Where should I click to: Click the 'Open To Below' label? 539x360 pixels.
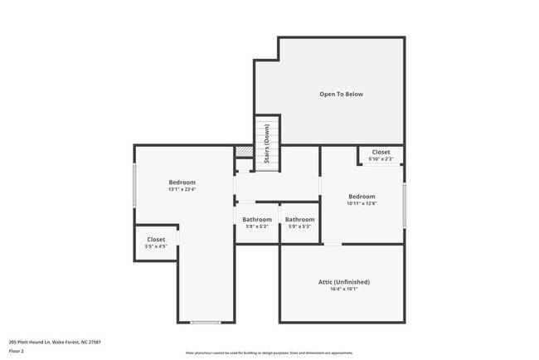(x=341, y=95)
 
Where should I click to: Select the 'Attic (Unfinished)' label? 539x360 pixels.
(x=343, y=282)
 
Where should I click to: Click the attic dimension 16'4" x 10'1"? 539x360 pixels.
(x=343, y=289)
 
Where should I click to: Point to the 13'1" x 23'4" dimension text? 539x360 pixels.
(x=182, y=190)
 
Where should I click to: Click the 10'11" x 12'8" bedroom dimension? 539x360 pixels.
(x=362, y=203)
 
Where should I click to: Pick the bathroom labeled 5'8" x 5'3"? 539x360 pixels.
(x=257, y=222)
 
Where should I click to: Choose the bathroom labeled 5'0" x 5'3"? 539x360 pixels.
(x=299, y=222)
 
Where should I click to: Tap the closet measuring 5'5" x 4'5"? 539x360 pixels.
(x=156, y=243)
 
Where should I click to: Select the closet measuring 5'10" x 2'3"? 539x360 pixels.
(x=381, y=155)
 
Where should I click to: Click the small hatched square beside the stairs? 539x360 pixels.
(x=243, y=152)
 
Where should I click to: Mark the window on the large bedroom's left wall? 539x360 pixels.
(x=134, y=186)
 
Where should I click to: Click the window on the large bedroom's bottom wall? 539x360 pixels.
(x=205, y=322)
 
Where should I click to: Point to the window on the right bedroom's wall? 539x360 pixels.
(x=404, y=205)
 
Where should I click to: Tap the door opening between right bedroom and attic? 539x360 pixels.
(x=331, y=244)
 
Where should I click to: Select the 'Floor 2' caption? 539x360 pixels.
(x=17, y=351)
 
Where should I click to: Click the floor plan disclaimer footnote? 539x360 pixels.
(x=269, y=353)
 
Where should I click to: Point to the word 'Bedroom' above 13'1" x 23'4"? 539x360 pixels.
(x=182, y=182)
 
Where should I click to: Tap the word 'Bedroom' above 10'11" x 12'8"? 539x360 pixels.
(x=362, y=197)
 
